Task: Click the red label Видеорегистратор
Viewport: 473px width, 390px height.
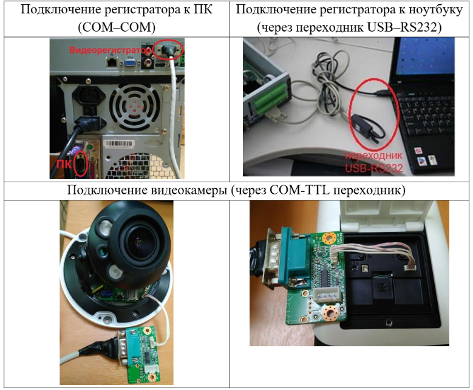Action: coord(110,50)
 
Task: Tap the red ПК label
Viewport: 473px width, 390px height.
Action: coord(64,164)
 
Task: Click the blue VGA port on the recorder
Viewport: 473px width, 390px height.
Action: coord(131,63)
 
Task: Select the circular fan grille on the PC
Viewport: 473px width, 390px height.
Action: coord(134,107)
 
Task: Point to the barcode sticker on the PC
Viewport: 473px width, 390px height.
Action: coord(118,144)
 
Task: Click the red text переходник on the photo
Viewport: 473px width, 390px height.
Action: coord(373,156)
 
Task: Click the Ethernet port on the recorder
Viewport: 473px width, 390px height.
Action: coord(112,63)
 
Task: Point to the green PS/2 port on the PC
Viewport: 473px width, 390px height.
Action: coord(90,148)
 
